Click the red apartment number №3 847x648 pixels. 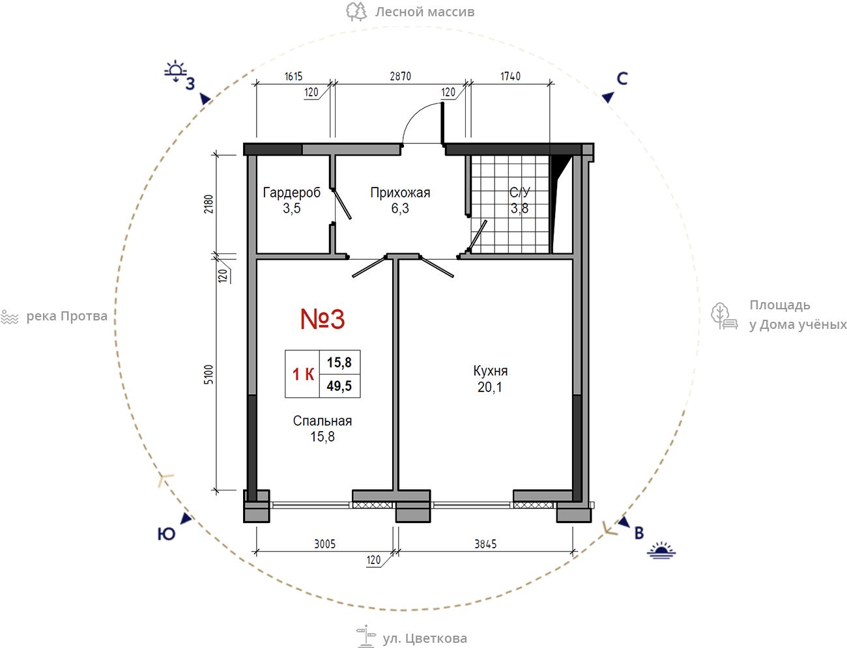click(323, 319)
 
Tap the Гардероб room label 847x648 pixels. click(292, 193)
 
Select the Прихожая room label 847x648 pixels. click(400, 193)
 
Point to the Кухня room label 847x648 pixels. click(491, 371)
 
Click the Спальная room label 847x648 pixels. click(323, 421)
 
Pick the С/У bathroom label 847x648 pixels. click(520, 192)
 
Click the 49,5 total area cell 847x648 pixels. click(339, 386)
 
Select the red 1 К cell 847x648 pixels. click(303, 374)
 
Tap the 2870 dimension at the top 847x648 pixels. click(400, 76)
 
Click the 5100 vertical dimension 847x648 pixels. click(208, 374)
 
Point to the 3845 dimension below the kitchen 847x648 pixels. click(485, 544)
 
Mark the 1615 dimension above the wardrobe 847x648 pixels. click(294, 76)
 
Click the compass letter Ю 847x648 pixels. click(166, 534)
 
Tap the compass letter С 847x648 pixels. click(622, 78)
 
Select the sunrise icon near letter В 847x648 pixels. click(661, 551)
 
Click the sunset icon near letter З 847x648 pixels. click(175, 71)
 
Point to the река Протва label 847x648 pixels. click(66, 317)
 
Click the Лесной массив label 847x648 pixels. click(425, 12)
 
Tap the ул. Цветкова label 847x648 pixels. click(425, 638)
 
